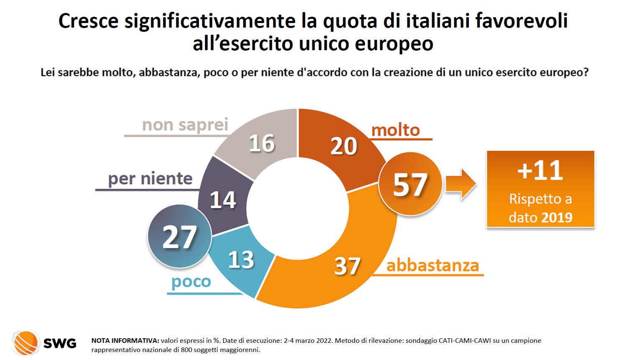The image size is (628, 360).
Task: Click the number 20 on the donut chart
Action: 344,146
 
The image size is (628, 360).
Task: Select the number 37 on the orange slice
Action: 347,266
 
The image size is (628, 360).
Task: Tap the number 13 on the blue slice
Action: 241,260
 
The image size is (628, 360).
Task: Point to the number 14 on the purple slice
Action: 223,200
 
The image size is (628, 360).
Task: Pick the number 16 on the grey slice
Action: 262,144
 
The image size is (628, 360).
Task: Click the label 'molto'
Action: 396,130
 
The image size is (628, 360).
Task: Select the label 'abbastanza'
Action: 432,265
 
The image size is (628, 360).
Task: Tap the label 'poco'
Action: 191,282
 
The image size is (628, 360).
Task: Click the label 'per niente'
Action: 150,179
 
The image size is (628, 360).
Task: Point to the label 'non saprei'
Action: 185,125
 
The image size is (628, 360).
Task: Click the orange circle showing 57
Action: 410,185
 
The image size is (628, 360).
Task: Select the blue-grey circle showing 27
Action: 179,237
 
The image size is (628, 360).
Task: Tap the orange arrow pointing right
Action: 461,184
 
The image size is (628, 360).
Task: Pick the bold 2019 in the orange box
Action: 556,218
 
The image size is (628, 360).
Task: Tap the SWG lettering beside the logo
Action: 60,344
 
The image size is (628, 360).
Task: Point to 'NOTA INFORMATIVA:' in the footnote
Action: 125,341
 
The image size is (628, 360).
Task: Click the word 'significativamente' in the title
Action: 210,21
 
